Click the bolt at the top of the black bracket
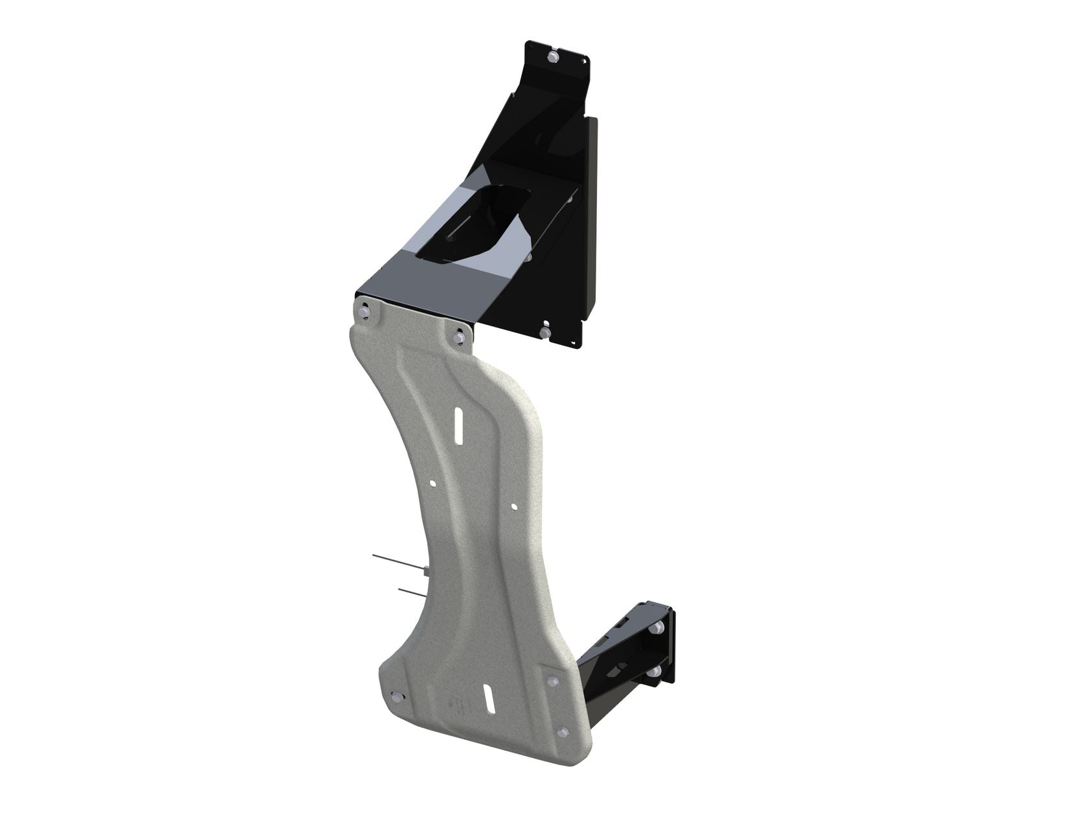click(x=551, y=58)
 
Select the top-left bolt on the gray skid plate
click(x=364, y=313)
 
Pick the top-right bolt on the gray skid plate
click(x=460, y=336)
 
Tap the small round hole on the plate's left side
click(x=433, y=483)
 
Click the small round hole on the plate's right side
click(x=513, y=506)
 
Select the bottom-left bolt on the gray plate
click(x=396, y=698)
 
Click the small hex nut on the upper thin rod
click(x=423, y=572)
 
